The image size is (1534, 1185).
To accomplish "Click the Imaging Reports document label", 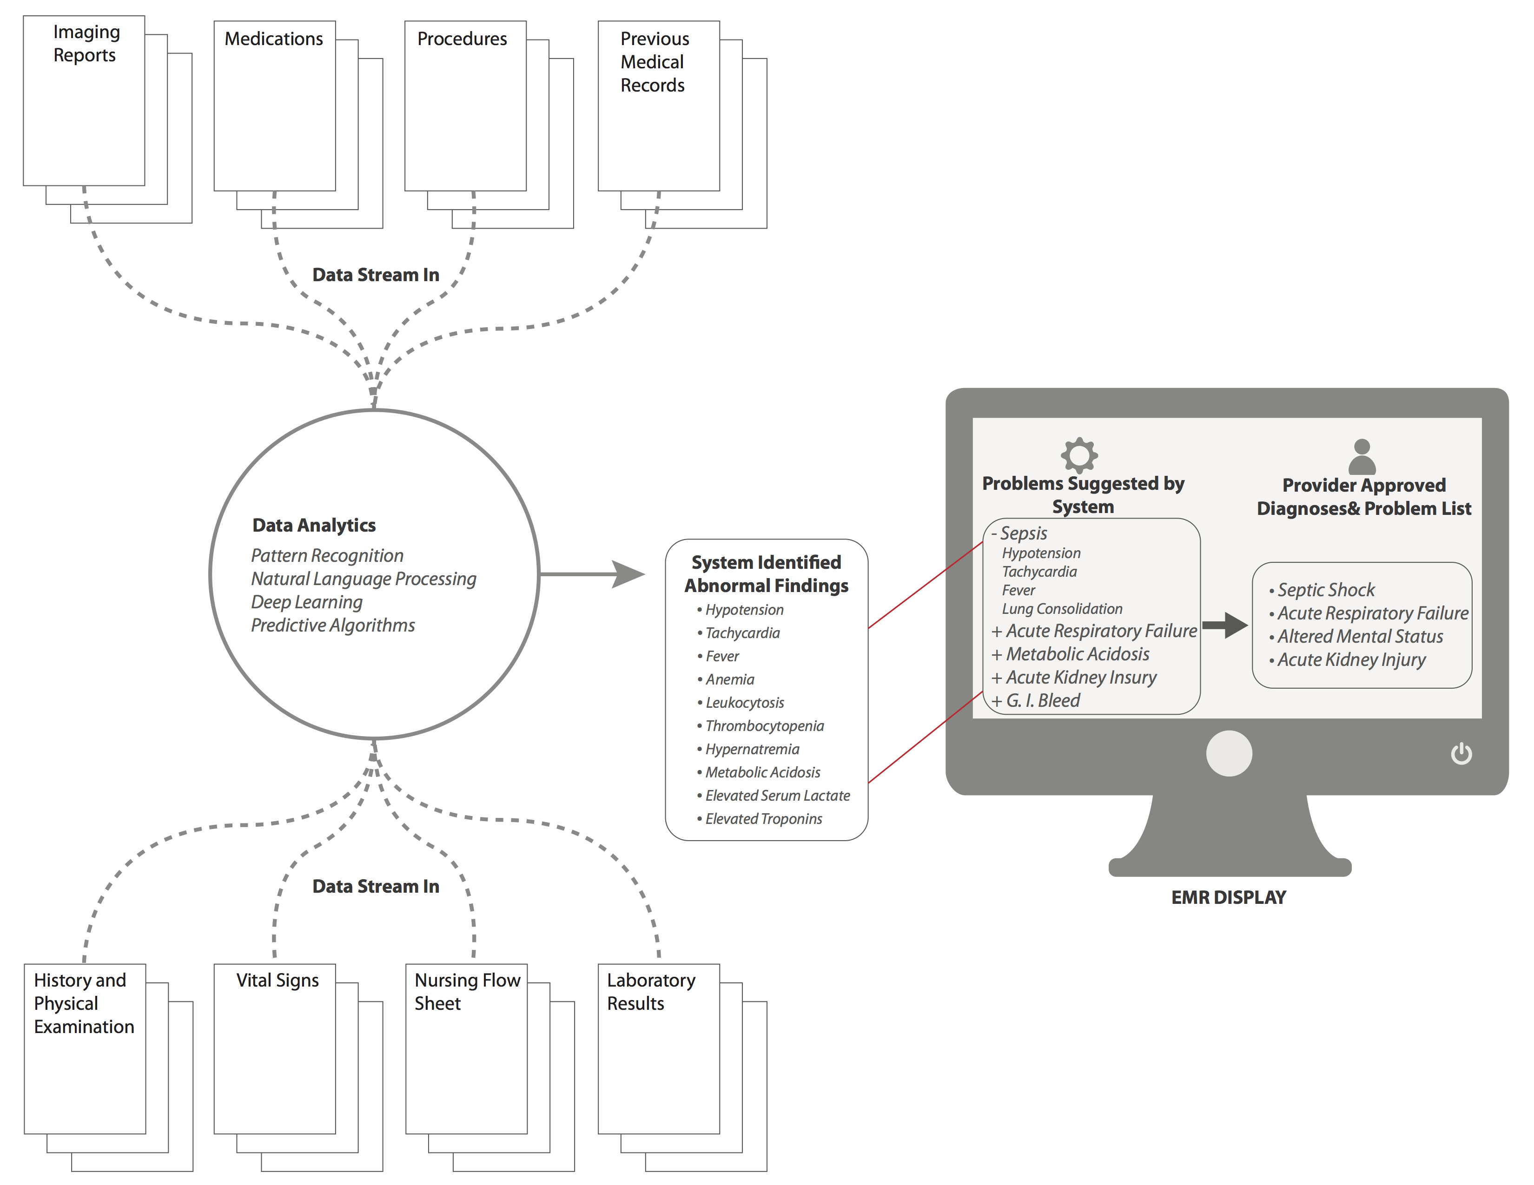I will click(x=86, y=44).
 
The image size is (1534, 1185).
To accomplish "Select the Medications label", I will click(x=274, y=39).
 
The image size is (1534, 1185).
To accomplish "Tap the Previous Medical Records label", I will click(x=654, y=62).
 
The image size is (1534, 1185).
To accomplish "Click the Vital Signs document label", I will click(x=278, y=980).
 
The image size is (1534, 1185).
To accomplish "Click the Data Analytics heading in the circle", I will click(x=314, y=525).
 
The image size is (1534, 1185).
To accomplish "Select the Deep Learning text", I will click(x=307, y=602).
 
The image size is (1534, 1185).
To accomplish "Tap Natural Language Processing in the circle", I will click(x=363, y=579).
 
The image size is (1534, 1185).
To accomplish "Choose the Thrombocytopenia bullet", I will click(x=764, y=726).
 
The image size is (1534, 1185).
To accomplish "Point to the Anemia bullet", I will click(x=730, y=679).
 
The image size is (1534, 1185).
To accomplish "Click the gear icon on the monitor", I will click(x=1079, y=455).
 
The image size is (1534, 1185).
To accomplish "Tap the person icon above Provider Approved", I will click(x=1362, y=457).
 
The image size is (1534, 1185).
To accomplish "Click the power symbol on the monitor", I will click(x=1461, y=753).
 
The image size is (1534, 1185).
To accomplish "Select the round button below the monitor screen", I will click(x=1229, y=753).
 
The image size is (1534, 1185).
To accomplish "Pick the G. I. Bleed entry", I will click(x=1042, y=701).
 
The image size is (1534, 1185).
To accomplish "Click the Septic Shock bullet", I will click(x=1325, y=590).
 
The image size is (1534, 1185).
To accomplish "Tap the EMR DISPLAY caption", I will click(x=1229, y=897).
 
